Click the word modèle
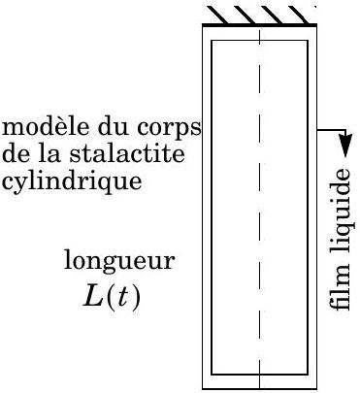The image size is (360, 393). coord(46,127)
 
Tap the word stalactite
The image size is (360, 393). coord(127,153)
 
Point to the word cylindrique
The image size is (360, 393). coord(72,181)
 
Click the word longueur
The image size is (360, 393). coord(119,261)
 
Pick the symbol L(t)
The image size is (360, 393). coord(112,297)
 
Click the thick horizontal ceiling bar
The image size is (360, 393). coord(259,24)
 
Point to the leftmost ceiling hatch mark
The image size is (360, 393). coord(217,15)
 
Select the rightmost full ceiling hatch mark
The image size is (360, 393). coord(299,15)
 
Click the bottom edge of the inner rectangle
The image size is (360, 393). coord(259,375)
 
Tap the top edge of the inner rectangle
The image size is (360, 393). coord(259,41)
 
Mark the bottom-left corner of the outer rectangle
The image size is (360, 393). coord(203,388)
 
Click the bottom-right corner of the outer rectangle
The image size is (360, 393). coord(316,388)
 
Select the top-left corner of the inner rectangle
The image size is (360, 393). coord(212,41)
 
